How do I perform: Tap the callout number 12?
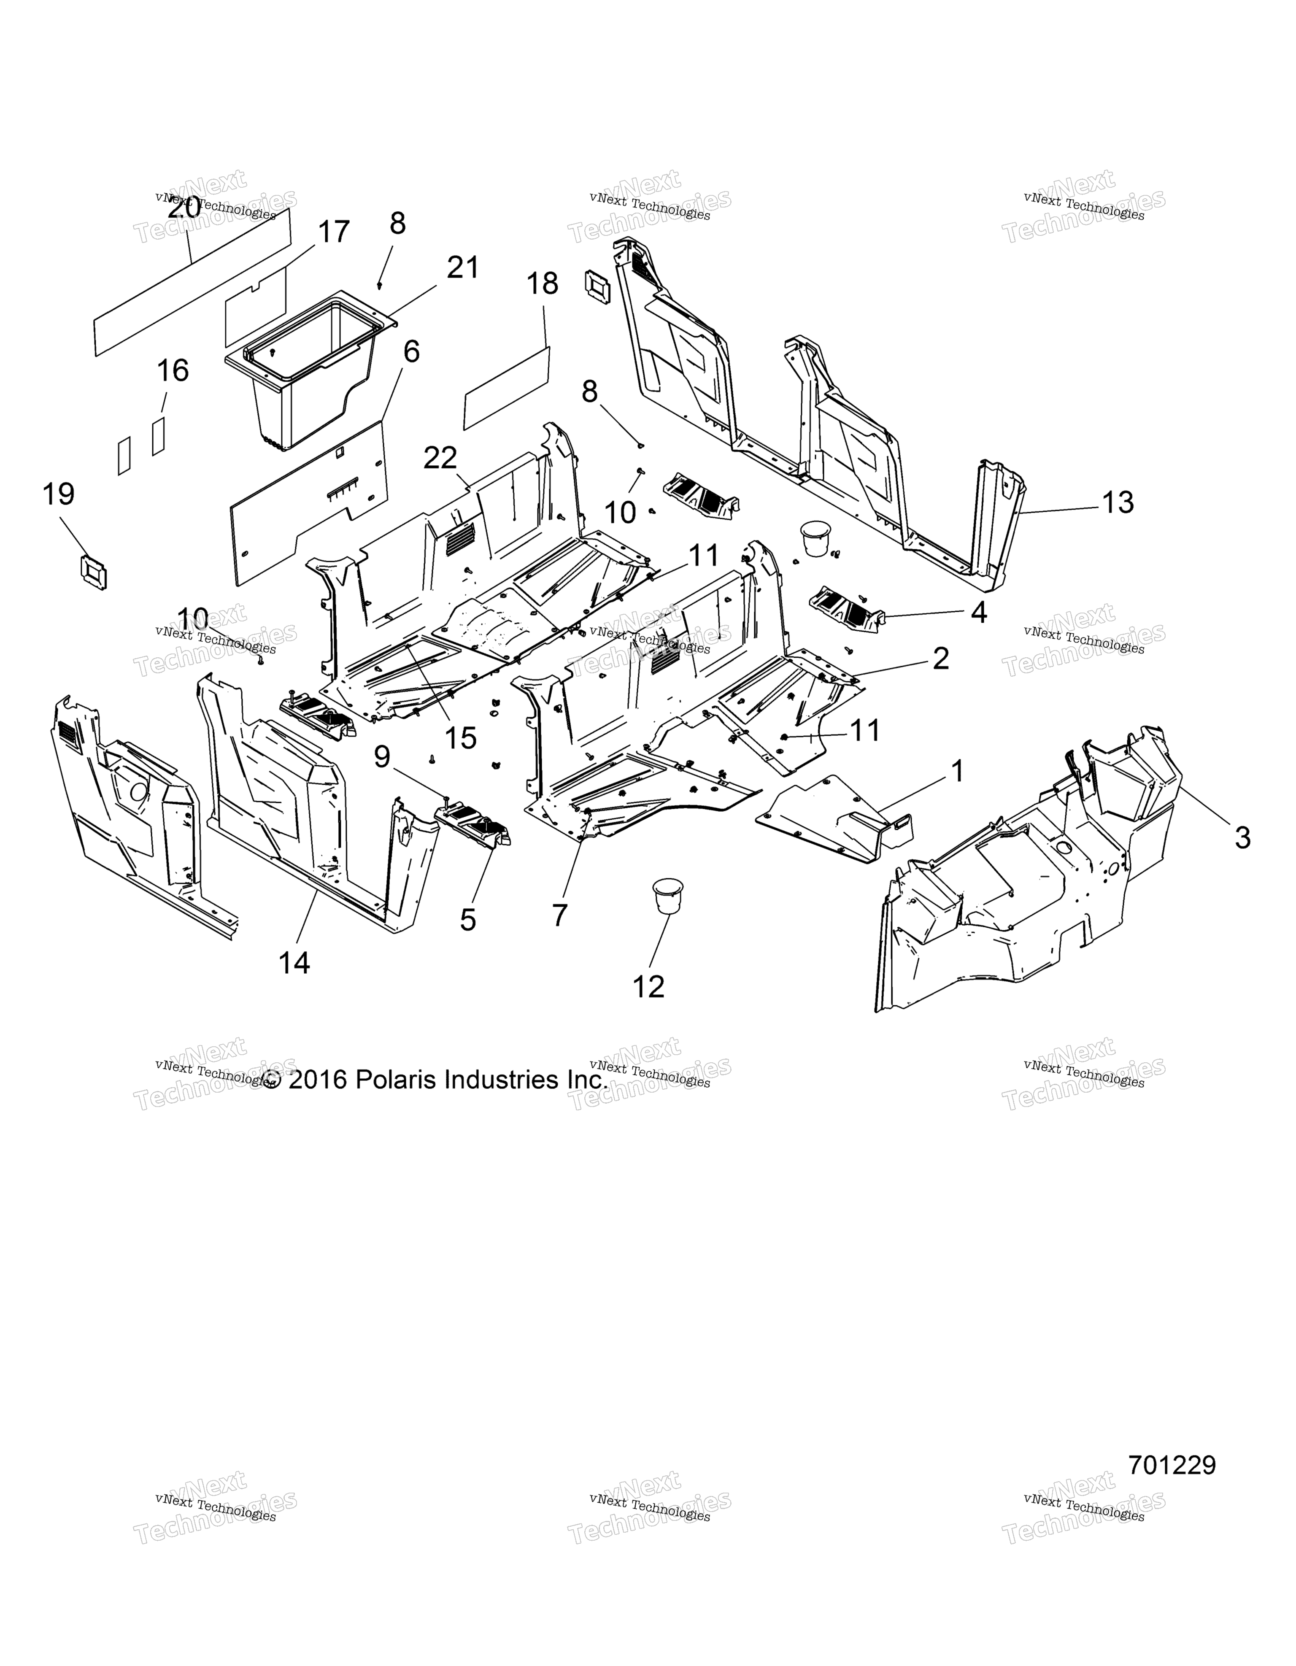pos(648,987)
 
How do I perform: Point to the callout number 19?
pos(59,494)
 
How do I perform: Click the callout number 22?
pos(440,458)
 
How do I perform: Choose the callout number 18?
pos(543,284)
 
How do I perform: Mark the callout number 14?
pos(294,964)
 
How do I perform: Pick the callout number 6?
pos(411,352)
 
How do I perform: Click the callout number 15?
pos(461,737)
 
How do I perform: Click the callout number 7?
pos(560,915)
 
